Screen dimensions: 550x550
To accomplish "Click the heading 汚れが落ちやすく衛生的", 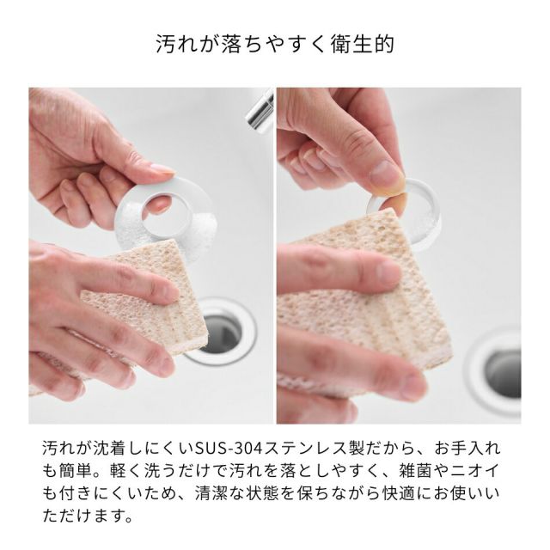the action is (x=275, y=44).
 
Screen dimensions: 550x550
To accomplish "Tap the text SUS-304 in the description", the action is (x=229, y=449).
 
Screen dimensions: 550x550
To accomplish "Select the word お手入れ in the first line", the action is (x=467, y=449).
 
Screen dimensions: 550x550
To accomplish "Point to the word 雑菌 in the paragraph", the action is (x=415, y=471).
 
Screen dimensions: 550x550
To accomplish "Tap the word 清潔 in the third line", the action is (x=211, y=493).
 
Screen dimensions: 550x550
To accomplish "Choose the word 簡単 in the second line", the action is (x=75, y=471).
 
